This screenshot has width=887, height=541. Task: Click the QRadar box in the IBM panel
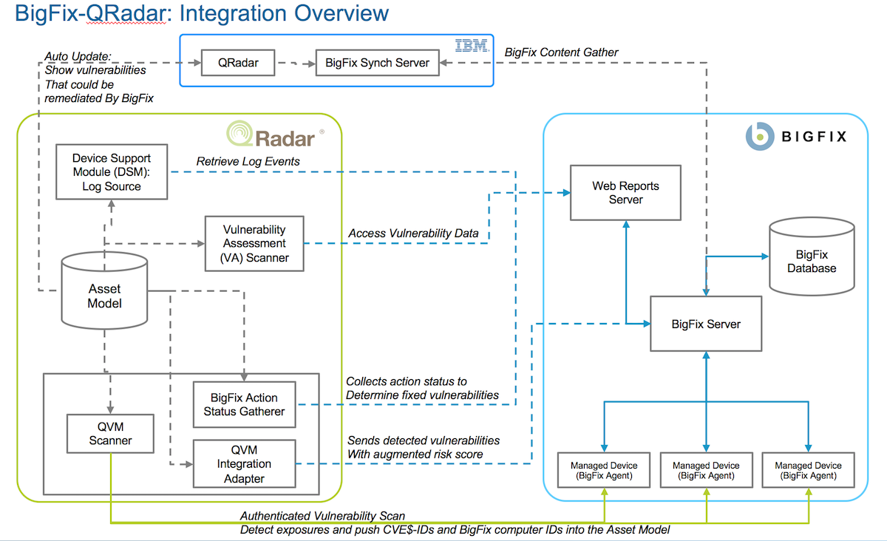coord(238,63)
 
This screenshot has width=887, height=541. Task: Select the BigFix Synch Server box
coord(377,63)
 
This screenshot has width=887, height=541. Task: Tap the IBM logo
coord(472,46)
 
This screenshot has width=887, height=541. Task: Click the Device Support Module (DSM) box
coord(112,172)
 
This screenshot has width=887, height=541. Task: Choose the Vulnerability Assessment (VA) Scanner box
coord(254,243)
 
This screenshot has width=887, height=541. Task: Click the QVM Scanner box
coord(109,434)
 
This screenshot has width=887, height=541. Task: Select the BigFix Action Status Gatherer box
coord(244,404)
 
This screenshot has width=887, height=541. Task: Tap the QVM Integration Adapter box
coord(244,463)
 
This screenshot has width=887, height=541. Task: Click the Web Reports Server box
coord(625,193)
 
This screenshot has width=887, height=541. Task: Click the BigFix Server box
coord(705,324)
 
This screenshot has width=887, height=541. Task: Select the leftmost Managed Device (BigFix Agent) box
coord(603,470)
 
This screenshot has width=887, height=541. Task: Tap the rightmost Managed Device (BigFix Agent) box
coord(808,470)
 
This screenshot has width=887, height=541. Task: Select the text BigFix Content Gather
coord(561,52)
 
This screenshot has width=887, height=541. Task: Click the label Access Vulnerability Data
coord(413,234)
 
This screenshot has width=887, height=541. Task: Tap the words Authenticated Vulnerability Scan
coord(322,516)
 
